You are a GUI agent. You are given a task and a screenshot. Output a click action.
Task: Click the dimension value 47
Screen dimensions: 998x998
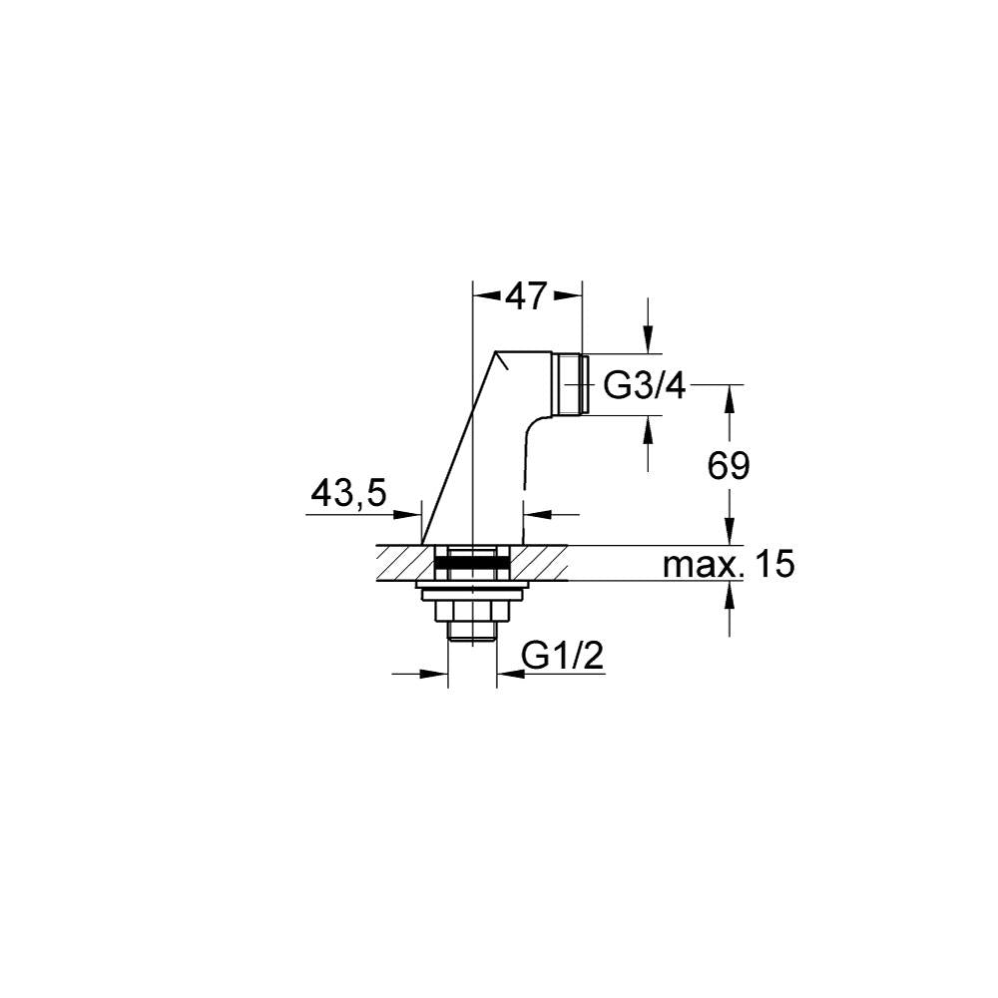point(526,296)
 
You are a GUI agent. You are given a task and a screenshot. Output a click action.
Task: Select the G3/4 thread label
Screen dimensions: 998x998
point(644,385)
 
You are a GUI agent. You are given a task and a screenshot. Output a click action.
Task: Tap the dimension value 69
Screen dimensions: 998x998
point(729,466)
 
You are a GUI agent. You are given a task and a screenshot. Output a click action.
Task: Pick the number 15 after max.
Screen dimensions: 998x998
point(774,565)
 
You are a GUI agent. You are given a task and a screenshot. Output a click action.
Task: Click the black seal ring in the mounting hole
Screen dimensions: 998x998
point(472,562)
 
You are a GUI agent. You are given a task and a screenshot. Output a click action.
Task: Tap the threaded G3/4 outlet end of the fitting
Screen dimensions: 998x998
point(569,385)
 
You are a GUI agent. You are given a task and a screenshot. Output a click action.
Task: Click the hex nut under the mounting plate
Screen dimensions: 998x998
point(472,612)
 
